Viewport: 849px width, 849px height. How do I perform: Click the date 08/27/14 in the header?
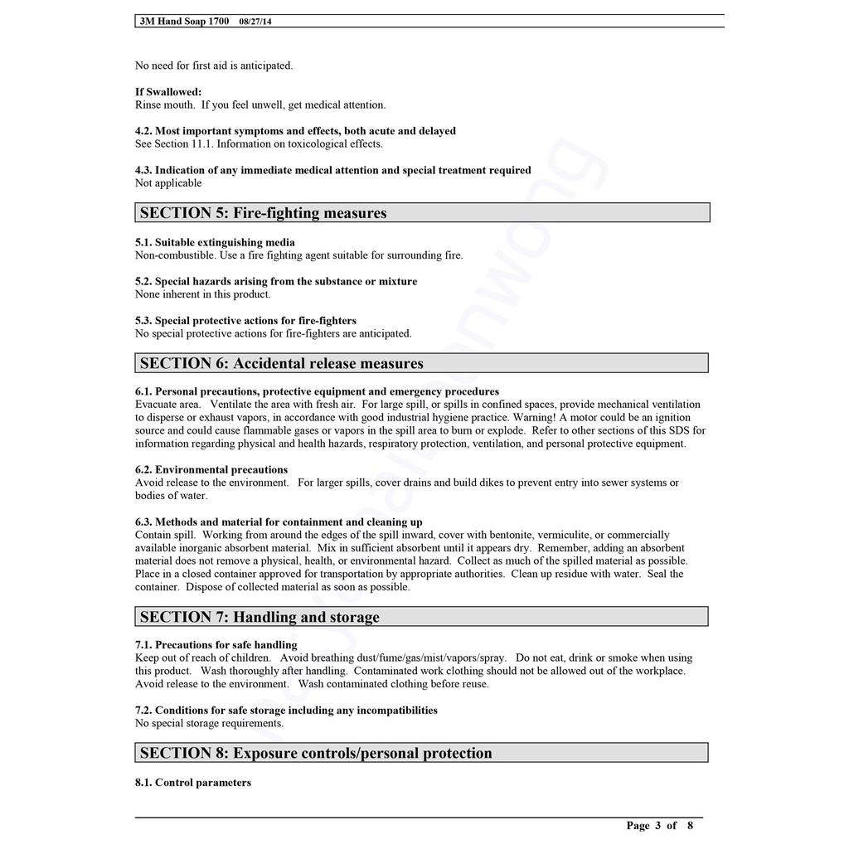tap(254, 22)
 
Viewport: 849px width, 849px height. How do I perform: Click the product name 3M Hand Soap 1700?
tap(184, 22)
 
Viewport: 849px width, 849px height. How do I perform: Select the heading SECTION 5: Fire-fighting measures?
tap(263, 213)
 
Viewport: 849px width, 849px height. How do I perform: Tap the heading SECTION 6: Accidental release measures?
tap(281, 363)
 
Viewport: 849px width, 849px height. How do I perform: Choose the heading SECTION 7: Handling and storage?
tap(260, 617)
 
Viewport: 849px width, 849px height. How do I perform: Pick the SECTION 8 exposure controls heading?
tap(316, 753)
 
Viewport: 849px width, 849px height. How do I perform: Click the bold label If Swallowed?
tap(168, 92)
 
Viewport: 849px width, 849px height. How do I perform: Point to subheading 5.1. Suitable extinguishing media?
tap(215, 242)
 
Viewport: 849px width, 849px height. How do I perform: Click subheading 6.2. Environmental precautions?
tap(211, 469)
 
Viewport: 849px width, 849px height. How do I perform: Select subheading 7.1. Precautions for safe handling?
tap(216, 644)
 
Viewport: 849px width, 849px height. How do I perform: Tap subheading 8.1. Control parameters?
tap(193, 782)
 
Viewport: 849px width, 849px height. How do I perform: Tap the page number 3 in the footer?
tap(657, 825)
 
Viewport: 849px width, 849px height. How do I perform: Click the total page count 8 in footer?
tap(689, 825)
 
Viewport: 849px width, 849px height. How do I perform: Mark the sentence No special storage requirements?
tap(209, 723)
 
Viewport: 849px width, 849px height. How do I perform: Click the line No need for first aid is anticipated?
tap(214, 65)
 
